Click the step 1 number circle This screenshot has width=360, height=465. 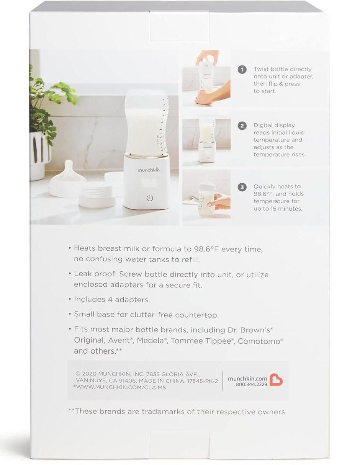242,70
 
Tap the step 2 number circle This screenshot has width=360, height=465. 242,126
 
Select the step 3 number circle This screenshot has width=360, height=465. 242,187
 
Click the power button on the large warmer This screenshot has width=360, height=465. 150,198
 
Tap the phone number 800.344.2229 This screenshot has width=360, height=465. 251,390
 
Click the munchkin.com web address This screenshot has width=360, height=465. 247,384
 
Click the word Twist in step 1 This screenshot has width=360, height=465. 261,69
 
